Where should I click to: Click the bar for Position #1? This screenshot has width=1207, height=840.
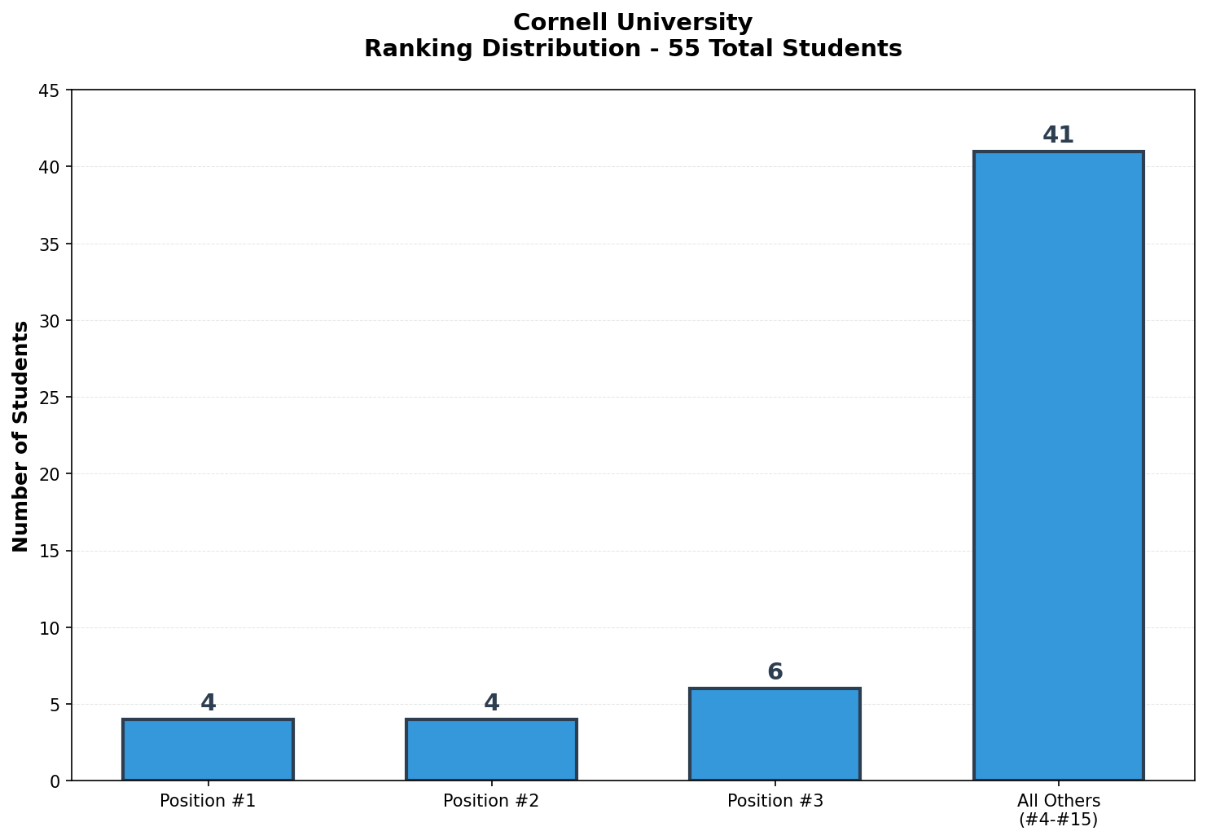pos(208,750)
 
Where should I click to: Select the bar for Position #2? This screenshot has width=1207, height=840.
pos(491,750)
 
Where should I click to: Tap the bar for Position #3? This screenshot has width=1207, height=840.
pos(775,734)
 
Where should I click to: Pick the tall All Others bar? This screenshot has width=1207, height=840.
pos(1058,465)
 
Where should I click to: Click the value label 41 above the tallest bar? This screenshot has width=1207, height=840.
pos(1058,135)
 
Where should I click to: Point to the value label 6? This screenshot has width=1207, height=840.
pos(775,672)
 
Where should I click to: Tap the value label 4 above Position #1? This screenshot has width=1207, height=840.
pos(208,703)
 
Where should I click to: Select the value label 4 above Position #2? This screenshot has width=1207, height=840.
pos(491,703)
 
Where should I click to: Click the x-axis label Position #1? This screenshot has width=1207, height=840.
pos(208,801)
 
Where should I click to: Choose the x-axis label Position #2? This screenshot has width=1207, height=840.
pos(491,801)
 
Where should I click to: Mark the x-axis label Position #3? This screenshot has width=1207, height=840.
pos(775,801)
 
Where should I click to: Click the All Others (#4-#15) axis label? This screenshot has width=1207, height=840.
pos(1058,810)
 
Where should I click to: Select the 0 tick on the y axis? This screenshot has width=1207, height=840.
pos(55,781)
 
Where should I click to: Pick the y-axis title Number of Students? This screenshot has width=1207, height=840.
pos(21,436)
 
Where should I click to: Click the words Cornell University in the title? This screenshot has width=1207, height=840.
pos(633,23)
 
